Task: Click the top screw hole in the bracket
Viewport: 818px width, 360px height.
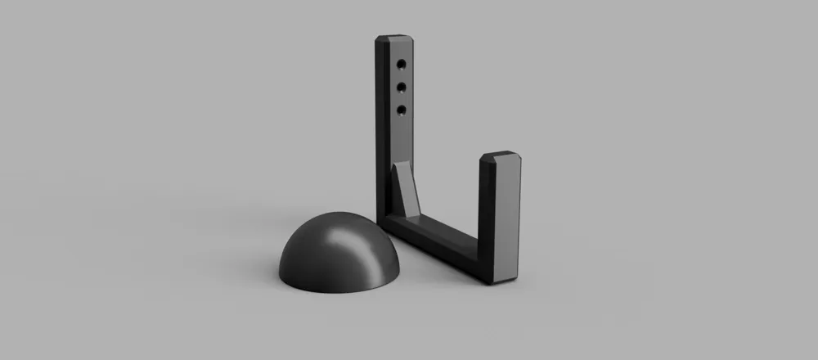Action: pyautogui.click(x=402, y=63)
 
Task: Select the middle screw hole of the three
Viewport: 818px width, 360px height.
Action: pyautogui.click(x=402, y=86)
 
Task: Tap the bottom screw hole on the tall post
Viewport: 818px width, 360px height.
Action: pyautogui.click(x=402, y=109)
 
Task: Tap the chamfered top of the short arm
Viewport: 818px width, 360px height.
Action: pyautogui.click(x=499, y=156)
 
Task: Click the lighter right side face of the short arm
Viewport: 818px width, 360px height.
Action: pyautogui.click(x=510, y=221)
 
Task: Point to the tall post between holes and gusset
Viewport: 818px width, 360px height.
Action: pyautogui.click(x=400, y=139)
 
